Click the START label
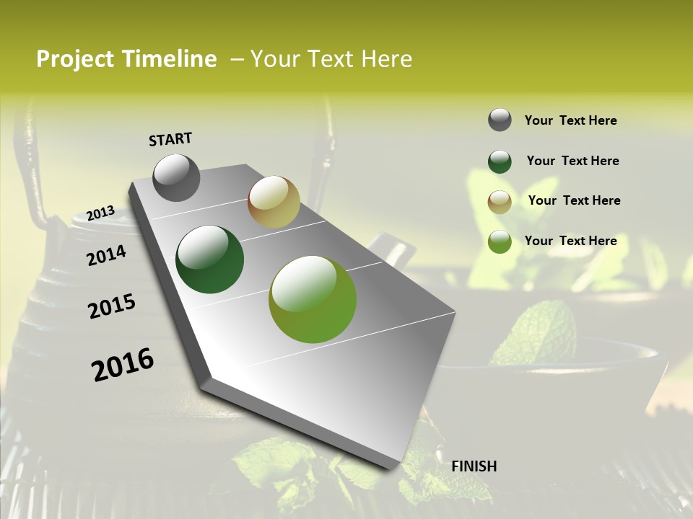pos(170,139)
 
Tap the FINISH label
pos(474,466)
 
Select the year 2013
pos(100,213)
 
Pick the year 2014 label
pos(106,255)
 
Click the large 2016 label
pos(123,364)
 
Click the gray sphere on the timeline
pos(176,177)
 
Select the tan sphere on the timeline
pos(274,202)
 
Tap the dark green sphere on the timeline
pos(209,259)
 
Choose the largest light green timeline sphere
pos(313,299)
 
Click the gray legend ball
pos(500,120)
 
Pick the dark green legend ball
pos(500,161)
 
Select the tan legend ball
pos(500,202)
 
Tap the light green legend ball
pos(500,241)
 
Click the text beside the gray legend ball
pos(570,120)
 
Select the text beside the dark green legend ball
pos(572,161)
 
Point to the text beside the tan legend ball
pos(574,200)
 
